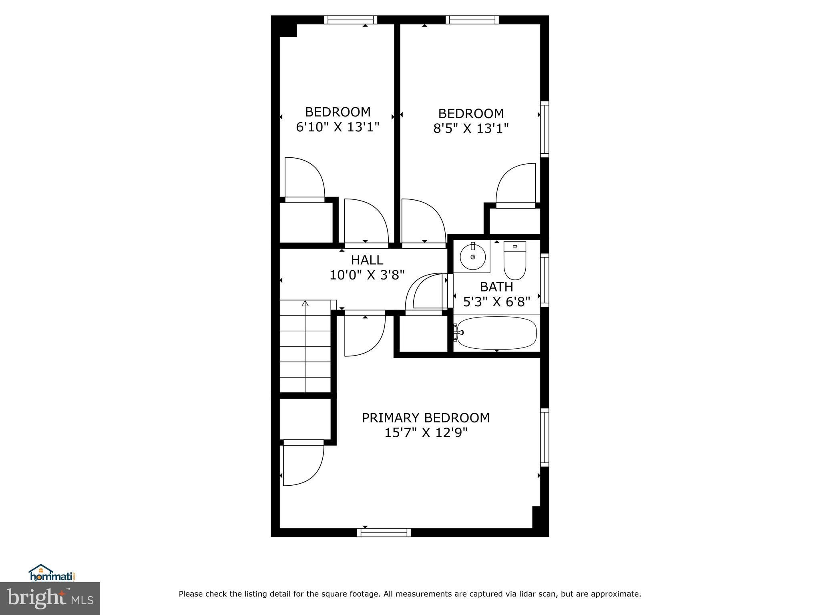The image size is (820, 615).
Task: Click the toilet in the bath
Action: (x=515, y=261)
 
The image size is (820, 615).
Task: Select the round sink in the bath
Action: (x=473, y=257)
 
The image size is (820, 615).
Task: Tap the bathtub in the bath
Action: (x=497, y=333)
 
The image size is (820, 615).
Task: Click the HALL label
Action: (x=367, y=260)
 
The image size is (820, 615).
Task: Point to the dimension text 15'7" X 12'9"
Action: (x=426, y=433)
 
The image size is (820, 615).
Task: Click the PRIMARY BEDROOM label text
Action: (x=426, y=418)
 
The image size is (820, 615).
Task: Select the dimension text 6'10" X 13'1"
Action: (x=338, y=127)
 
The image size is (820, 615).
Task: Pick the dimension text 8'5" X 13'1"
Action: (x=471, y=129)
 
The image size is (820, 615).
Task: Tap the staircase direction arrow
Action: (x=305, y=304)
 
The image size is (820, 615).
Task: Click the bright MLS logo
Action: (x=50, y=598)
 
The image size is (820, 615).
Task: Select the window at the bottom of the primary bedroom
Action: (x=384, y=533)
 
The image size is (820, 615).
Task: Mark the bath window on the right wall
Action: (x=545, y=280)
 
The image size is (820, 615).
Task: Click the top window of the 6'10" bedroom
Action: (x=351, y=20)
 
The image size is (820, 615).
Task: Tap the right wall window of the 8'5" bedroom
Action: (x=545, y=129)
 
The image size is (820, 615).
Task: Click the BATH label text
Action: (x=496, y=287)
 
